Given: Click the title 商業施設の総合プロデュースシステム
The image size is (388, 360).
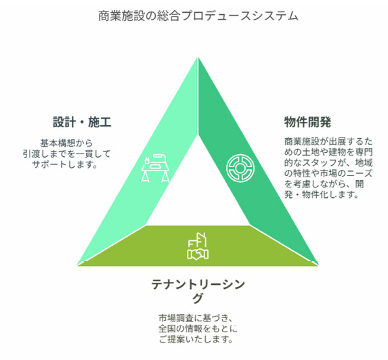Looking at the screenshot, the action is click(x=198, y=16).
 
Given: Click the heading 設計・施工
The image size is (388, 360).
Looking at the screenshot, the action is click(x=82, y=122).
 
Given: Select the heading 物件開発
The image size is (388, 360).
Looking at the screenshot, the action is click(x=307, y=122).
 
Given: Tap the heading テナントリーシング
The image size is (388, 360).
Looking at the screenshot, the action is click(x=198, y=291).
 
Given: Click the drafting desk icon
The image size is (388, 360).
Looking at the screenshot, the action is click(x=155, y=168).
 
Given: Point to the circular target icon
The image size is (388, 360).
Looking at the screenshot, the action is click(x=240, y=168).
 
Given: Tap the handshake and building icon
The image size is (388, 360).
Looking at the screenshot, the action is click(x=198, y=246).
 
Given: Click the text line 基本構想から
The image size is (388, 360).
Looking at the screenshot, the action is click(x=66, y=143).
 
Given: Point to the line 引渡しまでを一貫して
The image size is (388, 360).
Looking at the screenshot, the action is click(x=66, y=154).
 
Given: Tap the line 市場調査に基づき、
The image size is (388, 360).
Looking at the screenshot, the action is click(x=196, y=318).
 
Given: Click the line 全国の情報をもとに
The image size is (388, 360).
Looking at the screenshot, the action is click(x=198, y=329).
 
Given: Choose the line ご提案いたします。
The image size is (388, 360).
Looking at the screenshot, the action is click(x=196, y=340).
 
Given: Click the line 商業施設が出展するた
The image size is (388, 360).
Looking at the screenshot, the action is click(x=328, y=141).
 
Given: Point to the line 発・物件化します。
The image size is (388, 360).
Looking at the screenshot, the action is click(x=322, y=195).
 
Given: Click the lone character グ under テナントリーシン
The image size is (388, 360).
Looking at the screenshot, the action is click(x=198, y=298).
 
